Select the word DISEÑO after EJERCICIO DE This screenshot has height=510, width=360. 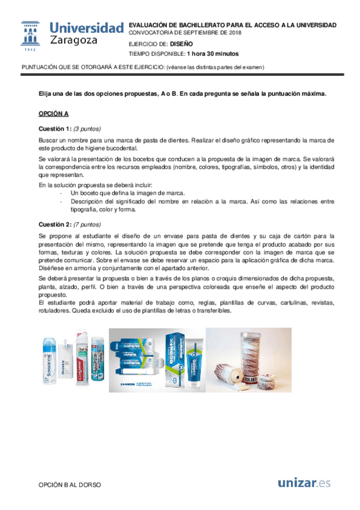[182, 44]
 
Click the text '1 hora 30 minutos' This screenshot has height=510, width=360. [190, 54]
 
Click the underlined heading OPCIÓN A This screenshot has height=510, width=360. [53, 114]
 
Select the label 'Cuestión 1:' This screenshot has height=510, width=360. [55, 129]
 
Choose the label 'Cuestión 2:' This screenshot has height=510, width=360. [55, 223]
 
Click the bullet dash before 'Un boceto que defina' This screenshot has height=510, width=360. [61, 193]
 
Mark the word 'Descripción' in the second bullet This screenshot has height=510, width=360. [87, 201]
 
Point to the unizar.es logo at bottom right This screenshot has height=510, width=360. [305, 482]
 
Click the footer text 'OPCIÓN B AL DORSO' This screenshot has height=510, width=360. [69, 485]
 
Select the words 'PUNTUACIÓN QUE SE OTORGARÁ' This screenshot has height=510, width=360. [63, 67]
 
